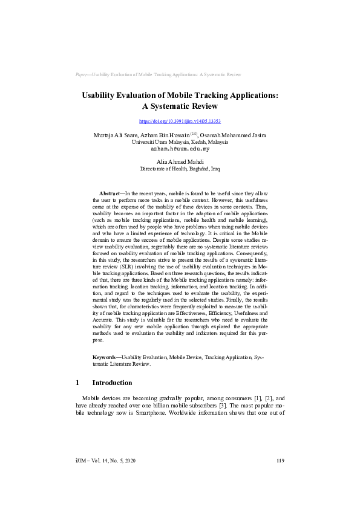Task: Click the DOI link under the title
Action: click(x=180, y=121)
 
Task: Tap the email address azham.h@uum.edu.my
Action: click(x=180, y=148)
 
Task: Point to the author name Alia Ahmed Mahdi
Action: click(x=180, y=162)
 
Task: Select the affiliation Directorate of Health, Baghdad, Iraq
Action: click(x=180, y=169)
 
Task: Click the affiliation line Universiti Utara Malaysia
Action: click(x=180, y=141)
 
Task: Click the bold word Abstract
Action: click(x=111, y=192)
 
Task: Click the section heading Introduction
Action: click(x=112, y=383)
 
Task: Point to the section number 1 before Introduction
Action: click(x=77, y=383)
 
